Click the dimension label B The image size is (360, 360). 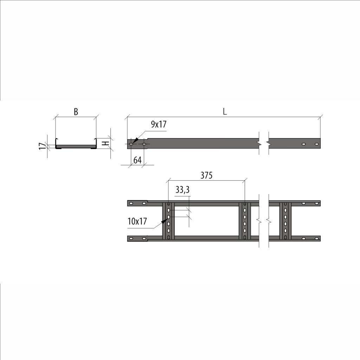pyautogui.click(x=76, y=112)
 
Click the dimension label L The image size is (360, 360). pyautogui.click(x=225, y=111)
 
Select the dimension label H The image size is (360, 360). pyautogui.click(x=105, y=143)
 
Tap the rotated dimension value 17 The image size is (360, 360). pyautogui.click(x=42, y=146)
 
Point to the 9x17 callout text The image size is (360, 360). pyautogui.click(x=159, y=124)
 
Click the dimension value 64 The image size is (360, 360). pyautogui.click(x=137, y=160)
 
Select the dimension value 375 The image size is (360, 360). pyautogui.click(x=206, y=175)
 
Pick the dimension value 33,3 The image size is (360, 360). pyautogui.click(x=182, y=190)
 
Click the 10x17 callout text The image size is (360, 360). pyautogui.click(x=137, y=221)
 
